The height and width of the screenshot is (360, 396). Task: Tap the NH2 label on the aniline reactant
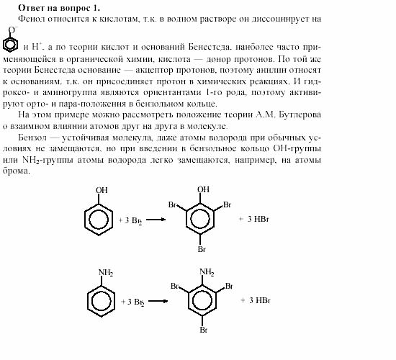coord(105,272)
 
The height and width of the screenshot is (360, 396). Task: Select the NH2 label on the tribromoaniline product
coord(207,271)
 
